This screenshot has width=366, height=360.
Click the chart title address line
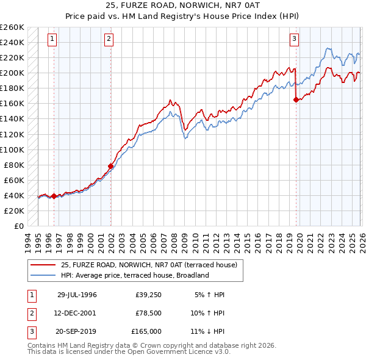point(183,6)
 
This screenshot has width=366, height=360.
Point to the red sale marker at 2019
point(296,99)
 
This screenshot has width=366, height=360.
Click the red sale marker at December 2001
point(111,166)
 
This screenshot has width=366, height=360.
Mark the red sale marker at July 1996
point(54,196)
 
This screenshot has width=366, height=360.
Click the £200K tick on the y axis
point(12,73)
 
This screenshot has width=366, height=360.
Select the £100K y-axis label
point(12,149)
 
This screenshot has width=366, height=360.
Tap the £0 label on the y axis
point(18,226)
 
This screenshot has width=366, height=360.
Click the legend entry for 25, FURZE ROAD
point(152,265)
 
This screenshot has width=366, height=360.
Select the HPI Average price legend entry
point(135,275)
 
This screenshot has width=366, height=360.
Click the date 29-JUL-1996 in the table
point(77,295)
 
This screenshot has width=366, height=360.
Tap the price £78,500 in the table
point(148,313)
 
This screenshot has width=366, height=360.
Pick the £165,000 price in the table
point(147,331)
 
